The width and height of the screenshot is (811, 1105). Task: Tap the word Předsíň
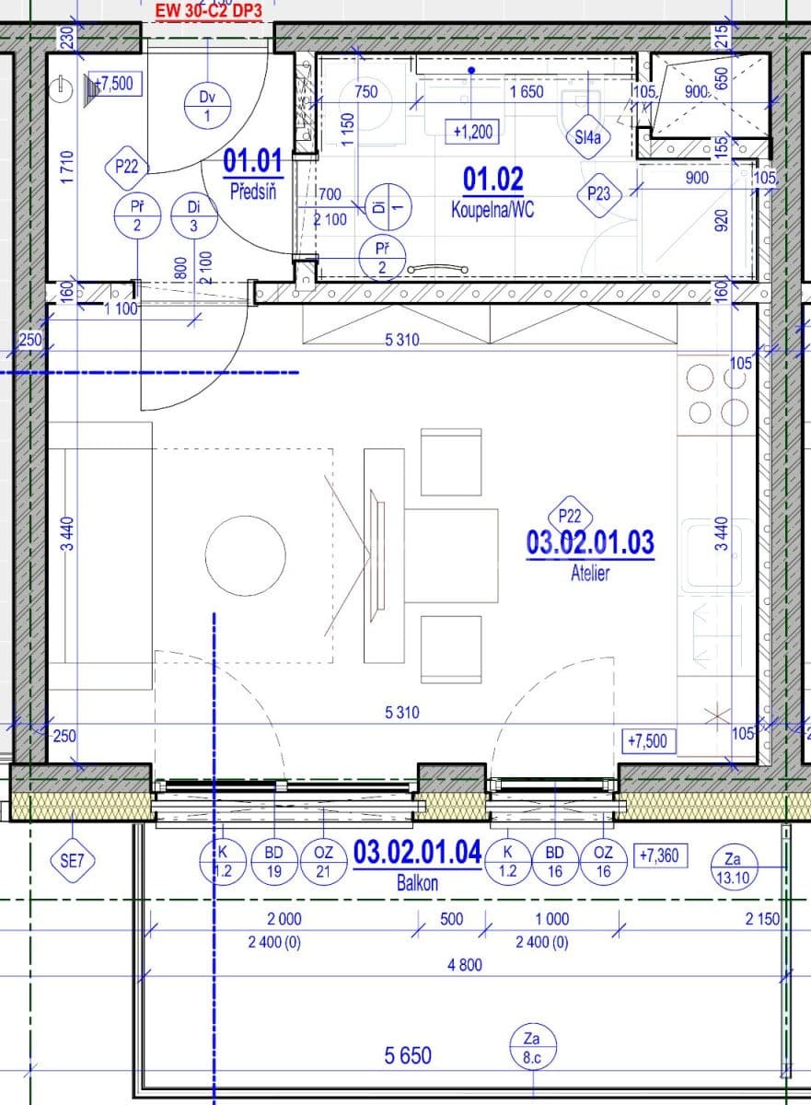(x=252, y=192)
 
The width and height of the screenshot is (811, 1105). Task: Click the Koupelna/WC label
(x=492, y=210)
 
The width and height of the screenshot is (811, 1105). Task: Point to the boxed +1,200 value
(x=473, y=132)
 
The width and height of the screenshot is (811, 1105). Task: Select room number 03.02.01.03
(x=590, y=542)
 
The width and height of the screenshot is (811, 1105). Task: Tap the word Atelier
(x=590, y=573)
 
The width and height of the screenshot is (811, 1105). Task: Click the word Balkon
(x=417, y=881)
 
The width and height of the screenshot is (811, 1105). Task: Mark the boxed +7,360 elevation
(x=657, y=855)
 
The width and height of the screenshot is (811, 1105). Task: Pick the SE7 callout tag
(x=73, y=861)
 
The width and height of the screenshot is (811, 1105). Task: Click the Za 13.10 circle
(x=733, y=867)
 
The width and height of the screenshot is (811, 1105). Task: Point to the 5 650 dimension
(x=408, y=1055)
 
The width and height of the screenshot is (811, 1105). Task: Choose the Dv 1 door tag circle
(x=207, y=106)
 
